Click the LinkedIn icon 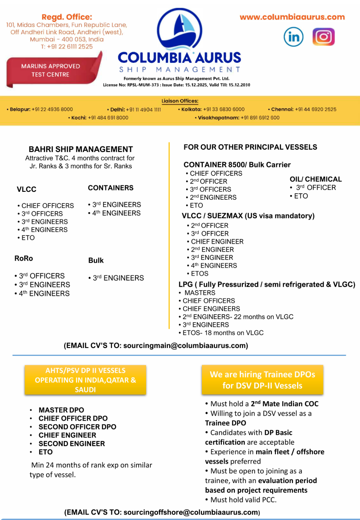293,37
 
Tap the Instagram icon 323,37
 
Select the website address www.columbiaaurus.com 292,17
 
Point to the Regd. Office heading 67,17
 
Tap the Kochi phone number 108,118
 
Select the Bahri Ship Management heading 81,149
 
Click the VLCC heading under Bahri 26,190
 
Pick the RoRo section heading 24,258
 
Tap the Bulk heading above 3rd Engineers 96,261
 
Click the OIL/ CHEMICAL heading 316,179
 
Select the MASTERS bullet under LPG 200,293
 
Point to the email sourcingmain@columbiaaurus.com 185,345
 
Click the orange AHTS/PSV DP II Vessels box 85,380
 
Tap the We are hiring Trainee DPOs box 262,380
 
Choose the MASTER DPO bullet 61,410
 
